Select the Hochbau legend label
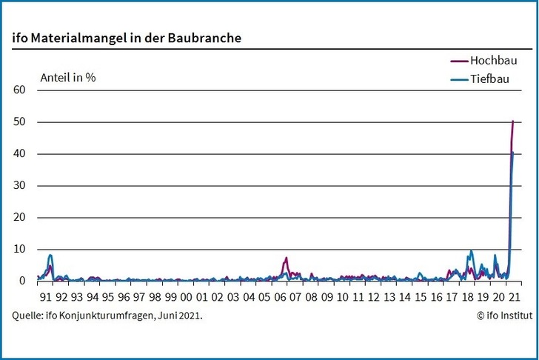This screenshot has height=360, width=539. tap(493, 61)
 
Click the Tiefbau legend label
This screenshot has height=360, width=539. tap(492, 79)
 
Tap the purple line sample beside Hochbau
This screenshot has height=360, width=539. tap(459, 61)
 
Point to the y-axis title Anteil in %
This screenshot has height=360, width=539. tap(67, 76)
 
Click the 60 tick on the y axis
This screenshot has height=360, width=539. tap(19, 90)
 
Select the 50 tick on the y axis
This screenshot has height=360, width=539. tap(19, 121)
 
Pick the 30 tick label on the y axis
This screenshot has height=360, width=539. tap(19, 185)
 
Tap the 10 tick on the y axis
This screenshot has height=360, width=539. tap(19, 250)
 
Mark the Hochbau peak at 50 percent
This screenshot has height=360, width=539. tap(513, 121)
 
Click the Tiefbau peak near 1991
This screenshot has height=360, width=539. tap(50, 256)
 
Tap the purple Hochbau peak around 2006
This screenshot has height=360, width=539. tap(286, 259)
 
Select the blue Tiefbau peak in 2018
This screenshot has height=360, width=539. tap(471, 251)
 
